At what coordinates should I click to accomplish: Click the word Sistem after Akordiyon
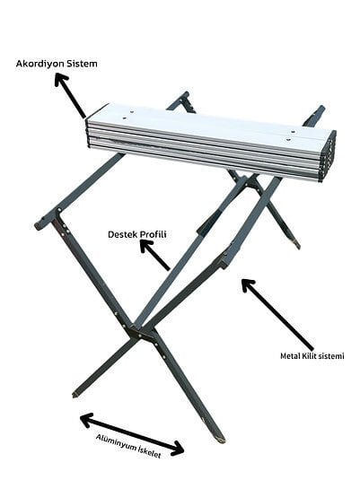click(82, 64)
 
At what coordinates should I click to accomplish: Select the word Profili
click(154, 234)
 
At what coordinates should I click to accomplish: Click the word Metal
click(290, 356)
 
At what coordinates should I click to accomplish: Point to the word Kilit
click(309, 356)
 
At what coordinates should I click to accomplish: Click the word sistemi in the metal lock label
click(331, 356)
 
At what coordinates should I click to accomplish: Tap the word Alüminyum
click(116, 443)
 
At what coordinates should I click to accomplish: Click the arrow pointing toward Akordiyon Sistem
click(70, 95)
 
